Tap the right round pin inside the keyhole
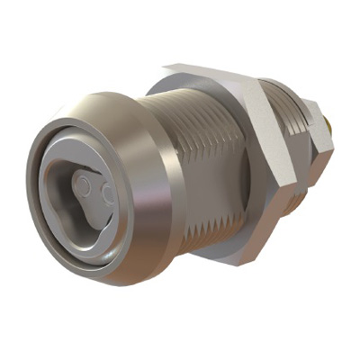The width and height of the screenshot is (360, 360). tap(107, 193)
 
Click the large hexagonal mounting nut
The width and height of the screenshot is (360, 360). tap(270, 162)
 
